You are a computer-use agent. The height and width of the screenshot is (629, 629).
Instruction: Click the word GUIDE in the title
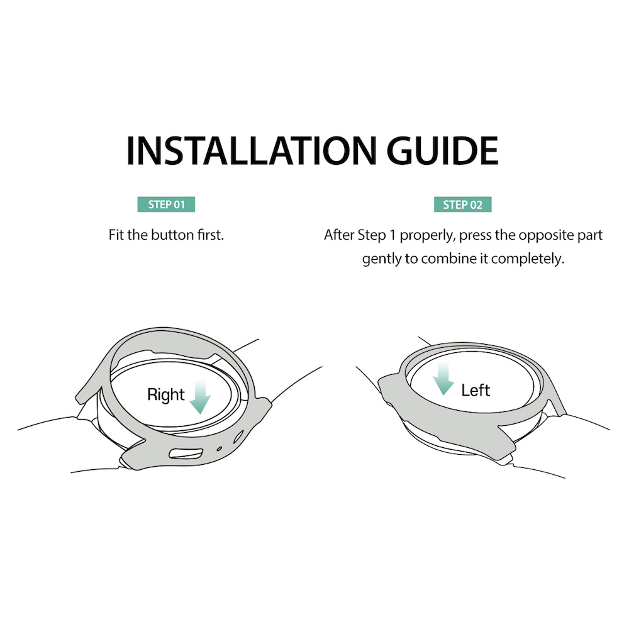[x=442, y=150]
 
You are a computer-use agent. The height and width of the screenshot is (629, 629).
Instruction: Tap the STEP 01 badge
[x=166, y=204]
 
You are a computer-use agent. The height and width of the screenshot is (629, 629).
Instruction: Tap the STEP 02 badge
[x=462, y=204]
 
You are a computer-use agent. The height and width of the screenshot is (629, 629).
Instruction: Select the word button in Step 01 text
[x=172, y=235]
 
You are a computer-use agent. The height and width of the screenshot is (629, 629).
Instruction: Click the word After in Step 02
[x=339, y=235]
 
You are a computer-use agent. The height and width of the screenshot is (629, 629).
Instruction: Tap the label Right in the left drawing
[x=165, y=395]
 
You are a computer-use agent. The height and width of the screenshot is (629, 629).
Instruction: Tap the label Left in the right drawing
[x=476, y=391]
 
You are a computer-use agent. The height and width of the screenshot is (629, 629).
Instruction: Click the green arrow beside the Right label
[x=200, y=397]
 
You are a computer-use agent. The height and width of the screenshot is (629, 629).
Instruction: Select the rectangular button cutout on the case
[x=186, y=454]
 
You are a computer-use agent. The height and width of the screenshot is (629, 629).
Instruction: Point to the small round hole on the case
[x=220, y=448]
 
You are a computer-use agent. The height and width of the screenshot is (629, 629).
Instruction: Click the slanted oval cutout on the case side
[x=238, y=437]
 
